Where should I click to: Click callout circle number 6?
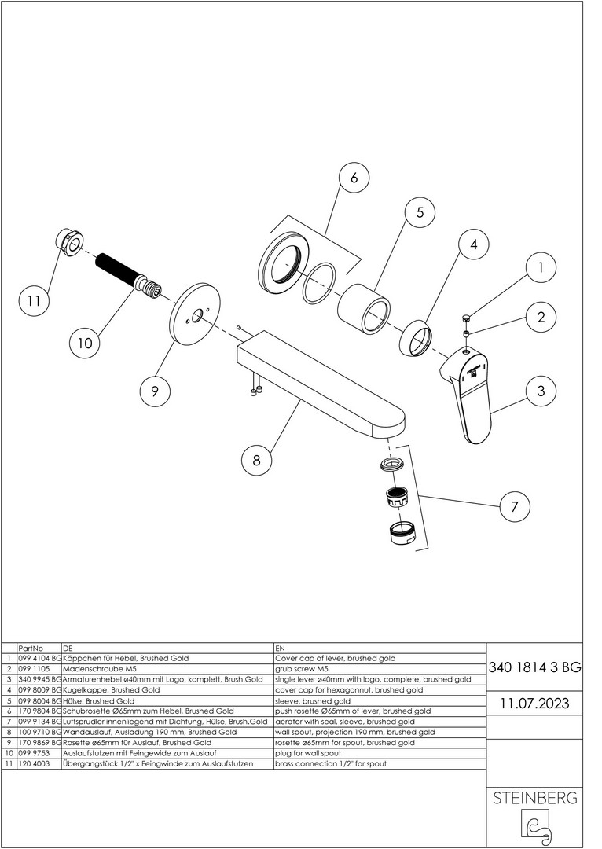353,178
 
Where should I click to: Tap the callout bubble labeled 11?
33,300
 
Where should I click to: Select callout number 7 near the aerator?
515,506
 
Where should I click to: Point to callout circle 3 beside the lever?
541,391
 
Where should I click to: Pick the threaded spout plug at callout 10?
130,277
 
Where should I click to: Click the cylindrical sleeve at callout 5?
365,308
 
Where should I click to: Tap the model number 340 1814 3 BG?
534,668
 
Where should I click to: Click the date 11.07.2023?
534,702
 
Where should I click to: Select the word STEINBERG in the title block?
534,799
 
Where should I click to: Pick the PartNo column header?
30,648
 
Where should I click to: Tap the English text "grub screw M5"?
307,668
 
